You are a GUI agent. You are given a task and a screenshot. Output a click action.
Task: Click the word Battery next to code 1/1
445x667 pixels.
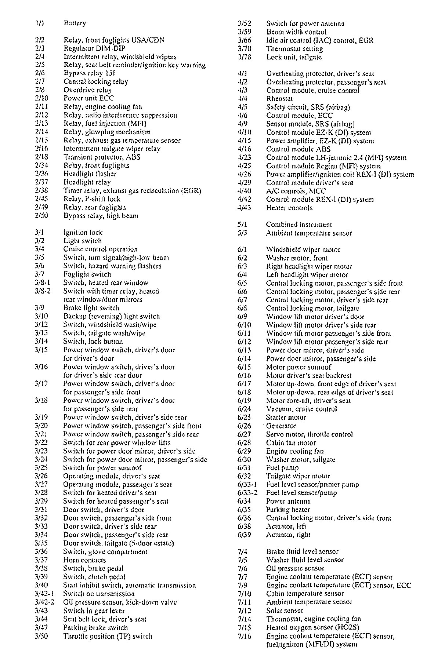click(75, 23)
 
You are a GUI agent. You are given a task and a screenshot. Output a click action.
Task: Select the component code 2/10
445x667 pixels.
click(42, 98)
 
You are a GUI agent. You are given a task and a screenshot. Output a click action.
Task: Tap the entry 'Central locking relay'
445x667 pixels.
click(96, 81)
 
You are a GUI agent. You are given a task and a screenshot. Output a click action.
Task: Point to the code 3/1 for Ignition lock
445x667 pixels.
click(39, 233)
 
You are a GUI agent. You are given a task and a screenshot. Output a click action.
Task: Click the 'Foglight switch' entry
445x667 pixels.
click(87, 274)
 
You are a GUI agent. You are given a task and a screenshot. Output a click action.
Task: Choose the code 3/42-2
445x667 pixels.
click(44, 602)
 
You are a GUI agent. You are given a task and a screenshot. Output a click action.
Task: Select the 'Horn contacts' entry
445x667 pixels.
click(84, 560)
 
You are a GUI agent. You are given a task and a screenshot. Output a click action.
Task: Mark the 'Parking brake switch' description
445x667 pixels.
click(95, 627)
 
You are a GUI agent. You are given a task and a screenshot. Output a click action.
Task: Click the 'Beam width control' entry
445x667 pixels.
click(296, 32)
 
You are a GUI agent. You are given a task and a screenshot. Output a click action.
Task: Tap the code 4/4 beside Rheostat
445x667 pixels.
click(242, 99)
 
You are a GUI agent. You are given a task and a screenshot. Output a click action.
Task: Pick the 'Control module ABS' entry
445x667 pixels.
click(298, 149)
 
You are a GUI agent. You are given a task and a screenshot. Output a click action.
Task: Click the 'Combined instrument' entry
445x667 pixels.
click(299, 225)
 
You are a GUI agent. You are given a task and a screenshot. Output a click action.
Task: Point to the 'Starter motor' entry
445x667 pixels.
click(286, 418)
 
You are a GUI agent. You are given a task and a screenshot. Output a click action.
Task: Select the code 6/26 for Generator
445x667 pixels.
click(244, 426)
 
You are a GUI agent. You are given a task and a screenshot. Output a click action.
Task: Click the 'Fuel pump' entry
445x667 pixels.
click(282, 468)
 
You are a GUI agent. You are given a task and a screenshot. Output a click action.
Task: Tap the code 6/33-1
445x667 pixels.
click(247, 485)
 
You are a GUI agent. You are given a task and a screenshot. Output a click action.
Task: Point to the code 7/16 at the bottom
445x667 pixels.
click(244, 636)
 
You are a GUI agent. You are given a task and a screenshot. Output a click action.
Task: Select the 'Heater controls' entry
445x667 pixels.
click(289, 208)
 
